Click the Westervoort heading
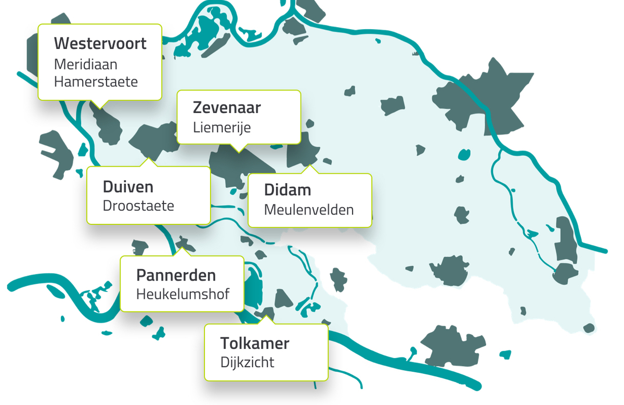click(x=100, y=43)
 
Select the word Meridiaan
click(x=86, y=65)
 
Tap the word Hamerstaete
click(x=96, y=82)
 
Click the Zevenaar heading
click(x=227, y=108)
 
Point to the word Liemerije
click(x=222, y=127)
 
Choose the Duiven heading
click(x=128, y=186)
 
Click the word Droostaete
click(x=138, y=206)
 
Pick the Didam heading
click(x=288, y=190)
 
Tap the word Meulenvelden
click(x=309, y=210)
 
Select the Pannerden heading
click(x=176, y=275)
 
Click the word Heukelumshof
click(x=183, y=294)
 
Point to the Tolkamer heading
click(x=254, y=344)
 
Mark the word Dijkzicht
click(x=247, y=362)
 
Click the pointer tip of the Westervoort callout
click(x=99, y=108)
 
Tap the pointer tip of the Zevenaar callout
click(x=238, y=152)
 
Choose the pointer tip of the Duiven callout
click(x=149, y=158)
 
